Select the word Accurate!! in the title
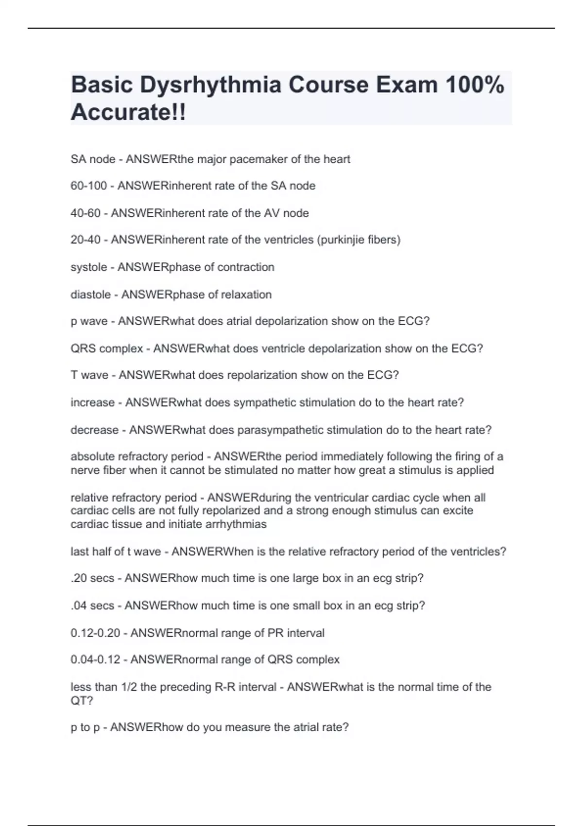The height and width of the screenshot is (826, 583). pyautogui.click(x=128, y=113)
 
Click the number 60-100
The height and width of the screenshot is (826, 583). pyautogui.click(x=88, y=186)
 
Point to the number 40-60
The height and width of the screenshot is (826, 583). pyautogui.click(x=86, y=213)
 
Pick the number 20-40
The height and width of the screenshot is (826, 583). pyautogui.click(x=86, y=240)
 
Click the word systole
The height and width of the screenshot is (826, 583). pyautogui.click(x=88, y=267)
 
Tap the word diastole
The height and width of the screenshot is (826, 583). pyautogui.click(x=90, y=295)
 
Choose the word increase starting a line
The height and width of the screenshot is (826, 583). pyautogui.click(x=92, y=403)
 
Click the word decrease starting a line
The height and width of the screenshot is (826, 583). pyautogui.click(x=94, y=430)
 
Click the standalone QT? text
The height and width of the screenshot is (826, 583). pyautogui.click(x=82, y=701)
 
